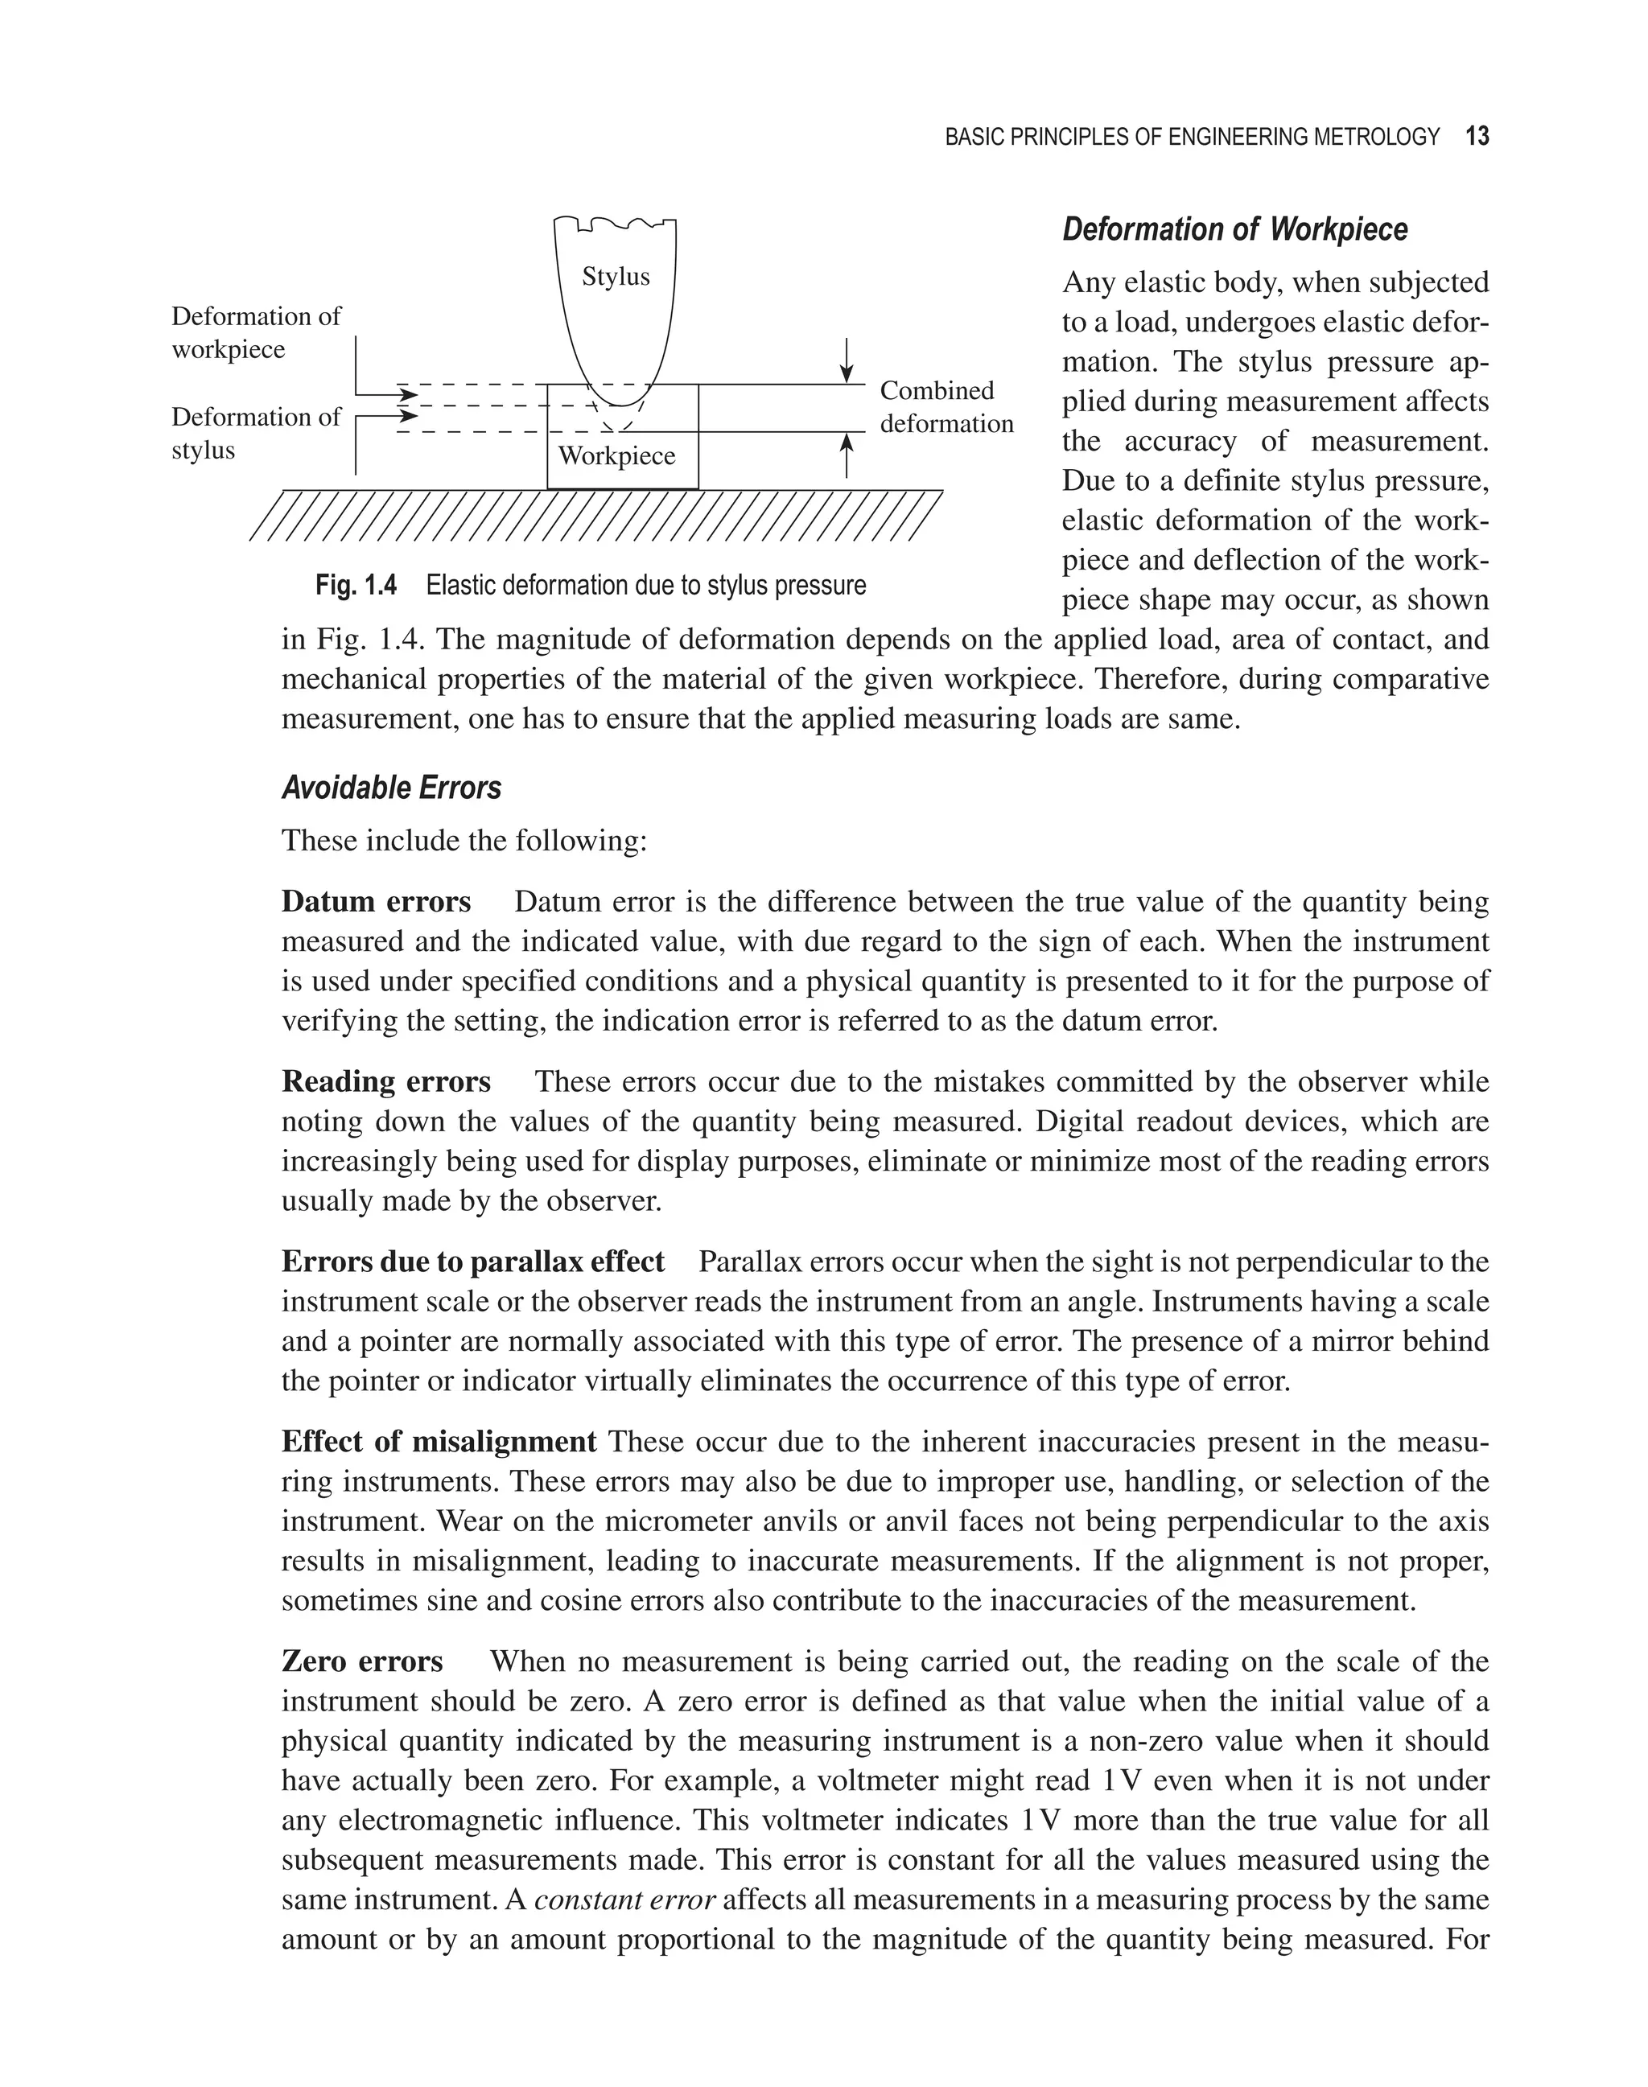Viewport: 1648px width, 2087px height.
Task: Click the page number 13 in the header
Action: pyautogui.click(x=1477, y=137)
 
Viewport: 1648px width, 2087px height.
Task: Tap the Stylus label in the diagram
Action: pyautogui.click(x=616, y=277)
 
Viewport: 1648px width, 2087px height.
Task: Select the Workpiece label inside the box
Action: pyautogui.click(x=616, y=455)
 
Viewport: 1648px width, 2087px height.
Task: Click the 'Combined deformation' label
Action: pyautogui.click(x=946, y=407)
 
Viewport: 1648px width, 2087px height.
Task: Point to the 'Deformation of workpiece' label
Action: pyautogui.click(x=256, y=333)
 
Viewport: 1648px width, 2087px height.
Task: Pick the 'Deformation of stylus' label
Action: pyautogui.click(x=256, y=433)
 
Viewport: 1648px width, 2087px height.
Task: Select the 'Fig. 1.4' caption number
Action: pyautogui.click(x=355, y=586)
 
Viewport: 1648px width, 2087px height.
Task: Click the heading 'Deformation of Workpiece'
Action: pyautogui.click(x=1234, y=229)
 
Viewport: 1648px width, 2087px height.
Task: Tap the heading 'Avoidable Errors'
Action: pyautogui.click(x=391, y=788)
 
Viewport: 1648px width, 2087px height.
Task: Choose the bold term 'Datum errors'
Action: pyautogui.click(x=375, y=901)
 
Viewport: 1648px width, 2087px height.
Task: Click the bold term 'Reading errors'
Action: pyautogui.click(x=386, y=1081)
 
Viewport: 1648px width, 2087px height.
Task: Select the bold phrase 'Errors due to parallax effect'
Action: pyautogui.click(x=473, y=1261)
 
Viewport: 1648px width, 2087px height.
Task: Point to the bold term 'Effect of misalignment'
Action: pyautogui.click(x=439, y=1442)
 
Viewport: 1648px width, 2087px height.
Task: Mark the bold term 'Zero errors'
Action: pyautogui.click(x=362, y=1661)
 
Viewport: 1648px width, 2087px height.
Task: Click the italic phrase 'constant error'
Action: pyautogui.click(x=624, y=1900)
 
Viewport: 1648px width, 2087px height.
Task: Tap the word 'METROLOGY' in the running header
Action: pyautogui.click(x=1387, y=137)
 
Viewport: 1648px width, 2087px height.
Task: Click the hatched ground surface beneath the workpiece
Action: pyautogui.click(x=595, y=515)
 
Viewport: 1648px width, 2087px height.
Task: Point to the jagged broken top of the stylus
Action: pyautogui.click(x=615, y=224)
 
